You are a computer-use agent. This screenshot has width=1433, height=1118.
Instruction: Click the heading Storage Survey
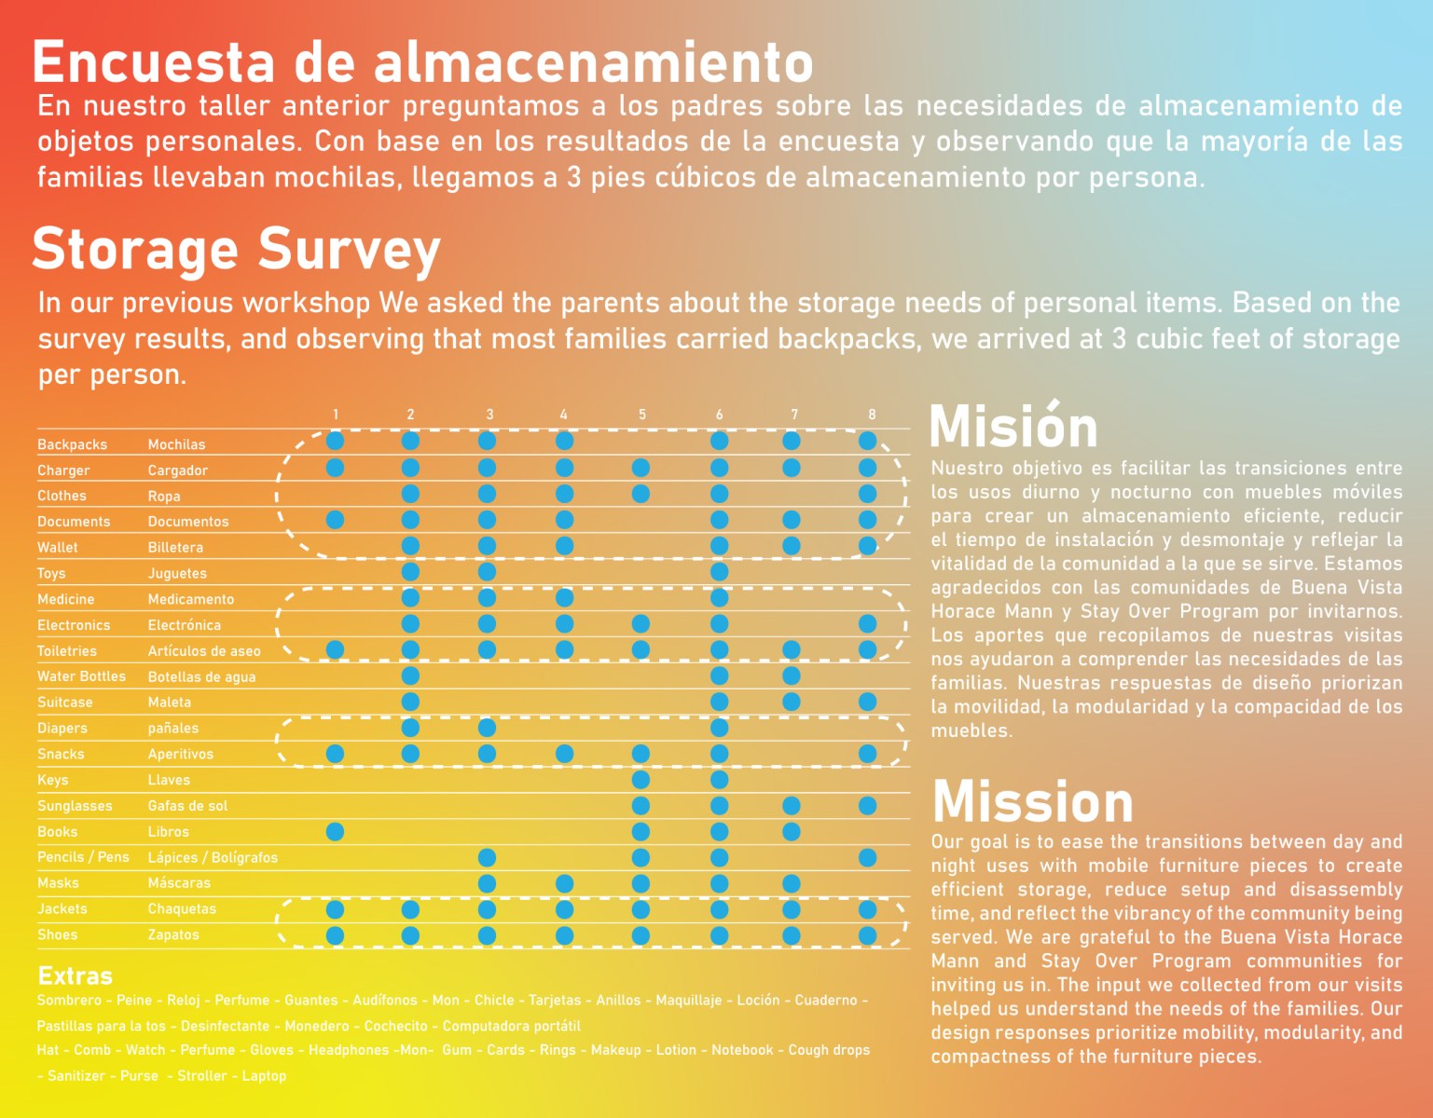tap(236, 250)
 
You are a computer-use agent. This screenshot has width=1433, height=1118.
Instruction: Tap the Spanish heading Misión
tap(1013, 427)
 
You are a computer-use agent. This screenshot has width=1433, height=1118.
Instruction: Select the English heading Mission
tap(1032, 801)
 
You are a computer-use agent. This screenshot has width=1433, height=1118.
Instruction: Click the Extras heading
tap(75, 975)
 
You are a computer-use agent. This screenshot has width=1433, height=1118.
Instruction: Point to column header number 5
tap(642, 415)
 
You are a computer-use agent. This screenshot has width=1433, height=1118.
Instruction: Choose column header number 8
tap(872, 415)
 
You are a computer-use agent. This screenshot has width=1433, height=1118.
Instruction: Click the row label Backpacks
tap(72, 444)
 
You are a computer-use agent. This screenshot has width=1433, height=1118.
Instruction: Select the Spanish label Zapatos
tap(173, 934)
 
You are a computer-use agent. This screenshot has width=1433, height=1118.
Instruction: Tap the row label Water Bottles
tap(81, 676)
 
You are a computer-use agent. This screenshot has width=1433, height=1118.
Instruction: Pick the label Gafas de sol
tap(187, 806)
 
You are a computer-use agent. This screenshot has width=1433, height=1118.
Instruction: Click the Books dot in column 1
tap(335, 831)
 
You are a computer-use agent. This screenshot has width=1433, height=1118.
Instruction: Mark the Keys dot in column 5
tap(641, 779)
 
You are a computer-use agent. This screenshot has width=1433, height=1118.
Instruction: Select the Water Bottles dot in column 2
tap(410, 675)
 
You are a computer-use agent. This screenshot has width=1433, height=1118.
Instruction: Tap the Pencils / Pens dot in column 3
tap(487, 857)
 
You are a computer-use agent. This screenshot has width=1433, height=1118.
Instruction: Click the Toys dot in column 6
tap(719, 571)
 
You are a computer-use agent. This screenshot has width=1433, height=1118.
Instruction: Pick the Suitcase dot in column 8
tap(868, 702)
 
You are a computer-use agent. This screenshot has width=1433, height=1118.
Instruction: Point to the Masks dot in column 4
tap(564, 882)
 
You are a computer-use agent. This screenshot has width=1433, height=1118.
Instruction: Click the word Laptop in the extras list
tap(264, 1075)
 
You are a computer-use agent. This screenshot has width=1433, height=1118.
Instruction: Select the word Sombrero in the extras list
tap(69, 1000)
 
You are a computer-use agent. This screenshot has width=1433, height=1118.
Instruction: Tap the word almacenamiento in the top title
tap(594, 62)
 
